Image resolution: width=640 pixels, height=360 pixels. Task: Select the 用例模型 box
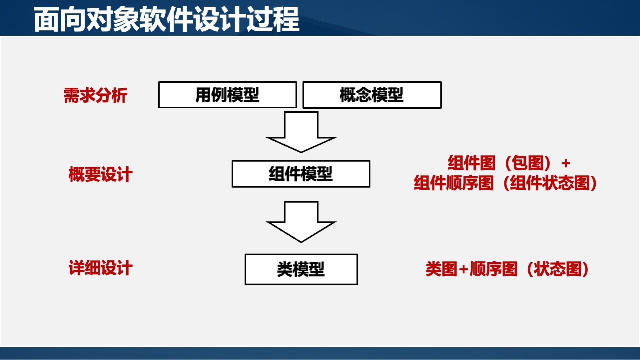coord(227,95)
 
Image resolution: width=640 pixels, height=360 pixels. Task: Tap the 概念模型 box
coord(372,95)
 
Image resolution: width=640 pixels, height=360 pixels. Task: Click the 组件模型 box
coord(301,174)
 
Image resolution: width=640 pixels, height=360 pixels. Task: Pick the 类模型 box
coord(301,269)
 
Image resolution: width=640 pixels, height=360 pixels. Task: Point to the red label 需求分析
coord(95,95)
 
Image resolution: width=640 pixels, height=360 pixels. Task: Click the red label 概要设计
coord(100,175)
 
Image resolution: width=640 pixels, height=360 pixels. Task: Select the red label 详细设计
coord(100,268)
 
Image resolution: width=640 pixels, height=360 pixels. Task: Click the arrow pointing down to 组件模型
coord(301,132)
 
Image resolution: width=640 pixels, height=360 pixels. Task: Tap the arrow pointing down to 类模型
coord(301,222)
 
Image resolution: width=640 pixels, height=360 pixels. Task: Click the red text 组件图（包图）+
coord(508,163)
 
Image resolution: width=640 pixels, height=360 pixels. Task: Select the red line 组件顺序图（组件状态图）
coord(506,184)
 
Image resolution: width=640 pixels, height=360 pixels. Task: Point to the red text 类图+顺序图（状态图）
coord(507,269)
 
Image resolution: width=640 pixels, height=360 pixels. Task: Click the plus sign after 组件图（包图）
coord(565,164)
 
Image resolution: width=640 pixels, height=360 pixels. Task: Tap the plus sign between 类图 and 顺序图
coord(463,270)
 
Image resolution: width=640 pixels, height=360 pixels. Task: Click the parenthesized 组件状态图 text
coord(550,184)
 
